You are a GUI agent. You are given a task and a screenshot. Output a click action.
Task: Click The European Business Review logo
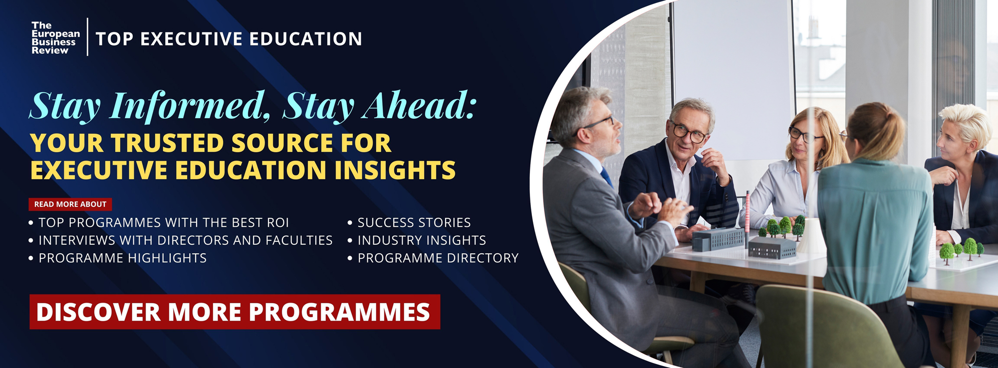[55, 38]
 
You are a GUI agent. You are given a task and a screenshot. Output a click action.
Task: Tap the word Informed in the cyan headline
[190, 106]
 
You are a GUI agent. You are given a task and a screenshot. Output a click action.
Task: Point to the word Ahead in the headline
[420, 105]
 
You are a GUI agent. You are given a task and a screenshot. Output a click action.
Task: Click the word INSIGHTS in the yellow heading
[395, 170]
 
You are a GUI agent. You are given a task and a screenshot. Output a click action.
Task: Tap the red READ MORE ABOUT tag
[70, 204]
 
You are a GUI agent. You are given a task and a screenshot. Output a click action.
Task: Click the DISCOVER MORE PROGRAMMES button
[235, 312]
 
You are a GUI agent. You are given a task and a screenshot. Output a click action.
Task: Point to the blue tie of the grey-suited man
[606, 177]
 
